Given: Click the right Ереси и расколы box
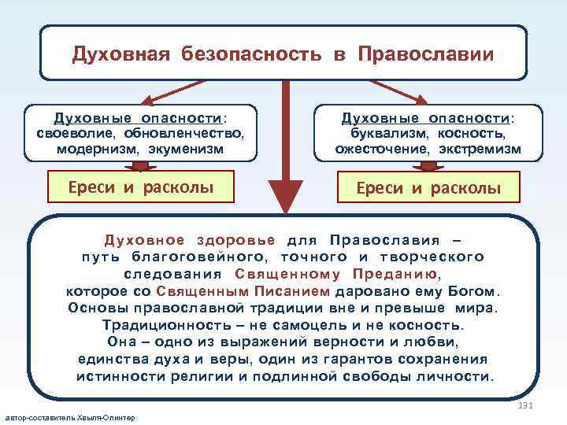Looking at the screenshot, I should pyautogui.click(x=428, y=188).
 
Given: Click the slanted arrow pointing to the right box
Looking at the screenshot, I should pyautogui.click(x=398, y=90).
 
